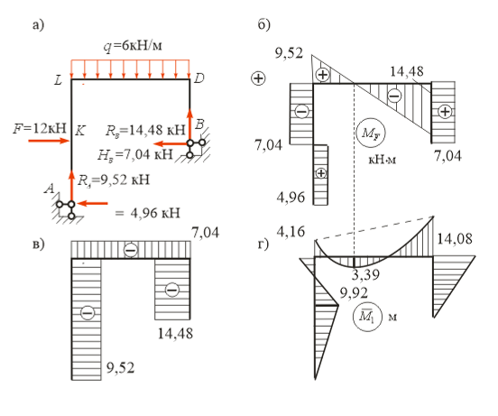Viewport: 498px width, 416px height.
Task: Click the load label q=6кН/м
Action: (x=133, y=46)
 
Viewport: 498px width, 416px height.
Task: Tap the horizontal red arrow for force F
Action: (x=50, y=141)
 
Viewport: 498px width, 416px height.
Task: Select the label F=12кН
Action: (x=40, y=128)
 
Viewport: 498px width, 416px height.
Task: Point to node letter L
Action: (x=58, y=80)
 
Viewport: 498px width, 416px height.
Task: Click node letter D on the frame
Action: (x=198, y=79)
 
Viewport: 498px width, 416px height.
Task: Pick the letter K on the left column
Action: (x=79, y=131)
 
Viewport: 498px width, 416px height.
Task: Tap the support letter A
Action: (x=50, y=189)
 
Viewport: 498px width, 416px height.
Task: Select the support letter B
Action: (x=199, y=125)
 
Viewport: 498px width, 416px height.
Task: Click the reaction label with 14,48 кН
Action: (x=145, y=130)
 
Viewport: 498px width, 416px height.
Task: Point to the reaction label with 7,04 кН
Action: (x=135, y=154)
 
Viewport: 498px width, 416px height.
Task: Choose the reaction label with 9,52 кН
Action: (x=114, y=180)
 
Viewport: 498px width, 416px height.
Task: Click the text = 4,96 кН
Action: (x=147, y=212)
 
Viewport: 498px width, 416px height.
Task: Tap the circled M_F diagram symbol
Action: (x=370, y=133)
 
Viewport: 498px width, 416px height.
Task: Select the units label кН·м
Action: (x=383, y=159)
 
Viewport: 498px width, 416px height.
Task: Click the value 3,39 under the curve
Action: (x=365, y=274)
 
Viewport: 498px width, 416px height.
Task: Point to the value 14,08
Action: (x=455, y=238)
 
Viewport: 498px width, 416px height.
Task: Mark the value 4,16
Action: (x=290, y=232)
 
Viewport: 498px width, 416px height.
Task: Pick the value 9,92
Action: (x=354, y=292)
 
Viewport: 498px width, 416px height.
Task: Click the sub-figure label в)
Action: (x=39, y=245)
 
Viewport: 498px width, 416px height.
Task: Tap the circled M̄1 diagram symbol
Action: (x=367, y=317)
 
